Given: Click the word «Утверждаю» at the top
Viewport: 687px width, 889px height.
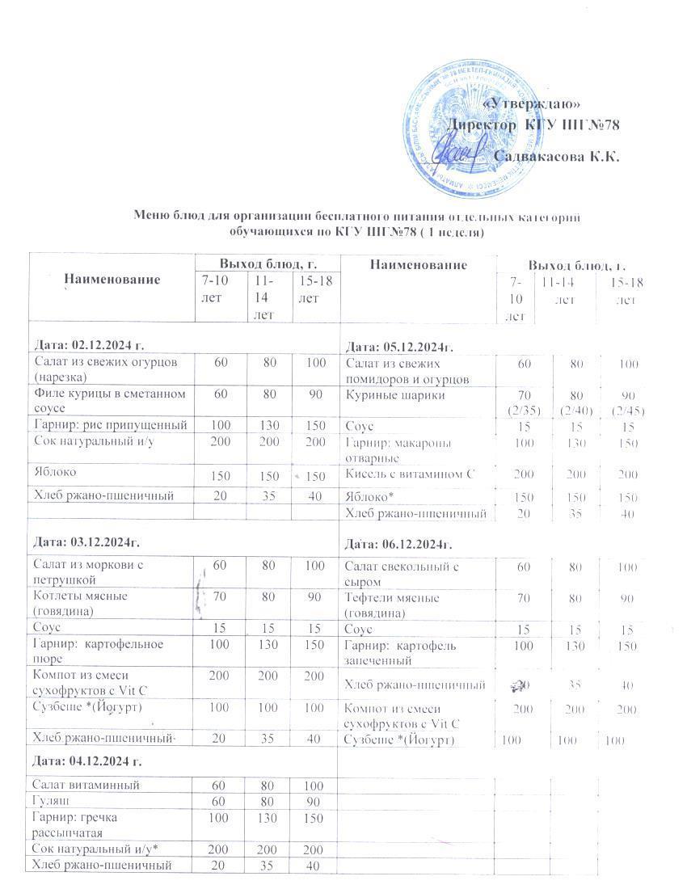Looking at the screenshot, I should [531, 104].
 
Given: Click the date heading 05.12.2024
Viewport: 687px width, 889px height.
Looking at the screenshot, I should [400, 348].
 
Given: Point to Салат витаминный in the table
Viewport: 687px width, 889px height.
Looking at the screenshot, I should [86, 785].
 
